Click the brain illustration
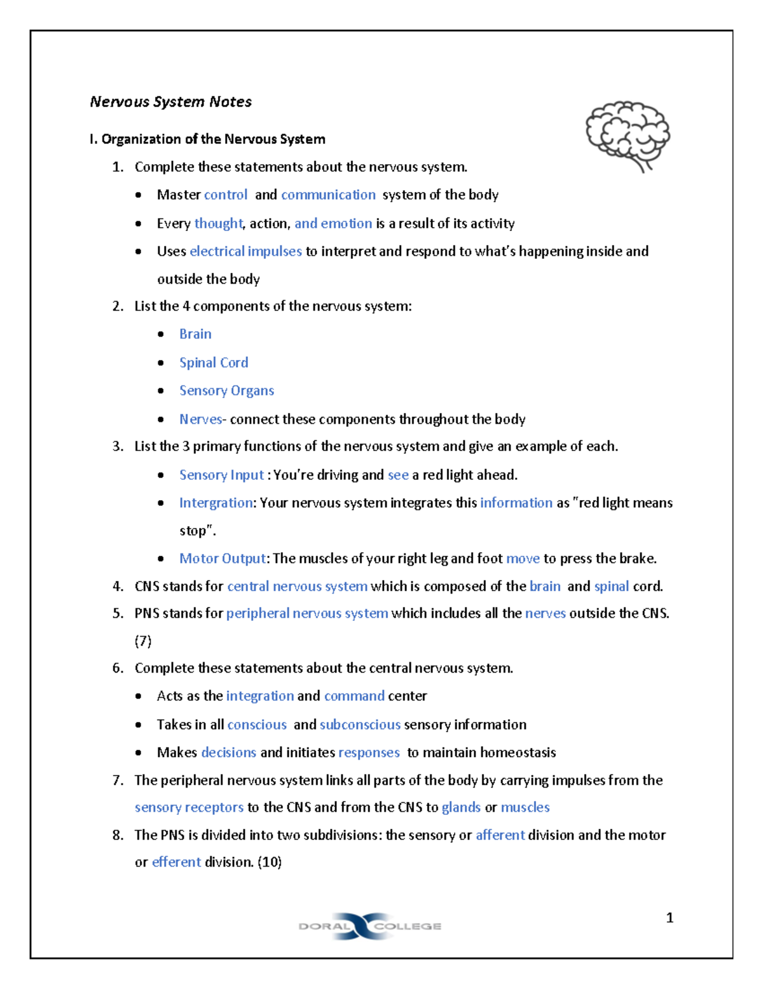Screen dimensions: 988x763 (628, 136)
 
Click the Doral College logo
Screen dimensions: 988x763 (369, 926)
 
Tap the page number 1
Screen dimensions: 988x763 (669, 917)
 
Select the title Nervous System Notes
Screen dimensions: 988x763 (170, 102)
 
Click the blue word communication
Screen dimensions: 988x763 (328, 195)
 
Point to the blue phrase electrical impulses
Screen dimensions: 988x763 (245, 251)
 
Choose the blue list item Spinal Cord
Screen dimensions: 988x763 (214, 363)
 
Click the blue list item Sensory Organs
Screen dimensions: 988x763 (226, 391)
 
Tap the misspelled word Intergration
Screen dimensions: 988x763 (216, 503)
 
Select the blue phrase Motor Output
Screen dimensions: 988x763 (222, 559)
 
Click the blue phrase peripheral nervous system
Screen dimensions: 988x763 (307, 613)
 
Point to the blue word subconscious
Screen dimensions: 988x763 (360, 725)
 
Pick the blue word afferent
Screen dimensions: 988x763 (500, 835)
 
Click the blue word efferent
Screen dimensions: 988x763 (176, 862)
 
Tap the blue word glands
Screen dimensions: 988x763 (461, 807)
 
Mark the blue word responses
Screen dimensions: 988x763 (369, 753)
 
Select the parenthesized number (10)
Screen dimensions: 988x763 (270, 862)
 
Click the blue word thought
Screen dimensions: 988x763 (218, 223)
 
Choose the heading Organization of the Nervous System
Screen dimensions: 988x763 (213, 139)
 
